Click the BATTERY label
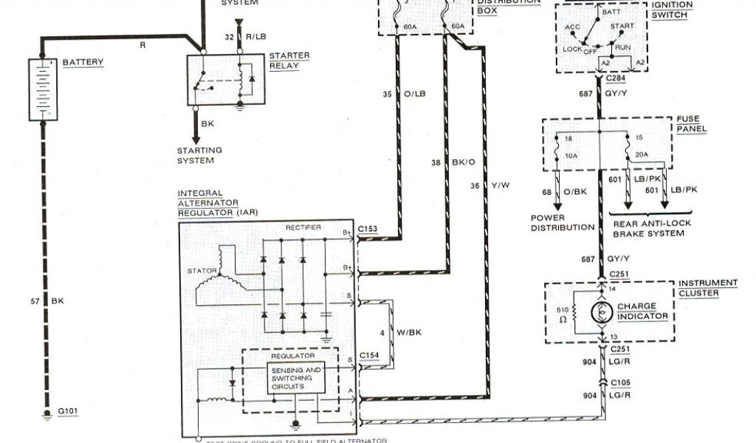(x=83, y=62)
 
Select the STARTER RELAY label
(x=289, y=60)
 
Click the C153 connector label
(x=368, y=229)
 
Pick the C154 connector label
(x=368, y=355)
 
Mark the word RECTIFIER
(x=303, y=227)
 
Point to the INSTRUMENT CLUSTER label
(x=708, y=287)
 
